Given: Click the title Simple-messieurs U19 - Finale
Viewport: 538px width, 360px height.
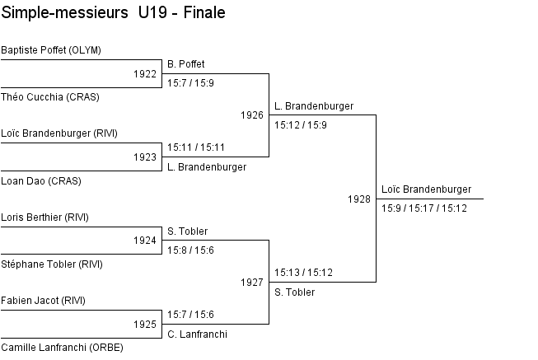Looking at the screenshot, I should point(114,13).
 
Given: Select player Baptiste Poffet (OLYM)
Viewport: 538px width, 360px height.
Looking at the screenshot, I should point(51,50).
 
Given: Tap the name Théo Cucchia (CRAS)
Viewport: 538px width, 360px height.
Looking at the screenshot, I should point(50,96).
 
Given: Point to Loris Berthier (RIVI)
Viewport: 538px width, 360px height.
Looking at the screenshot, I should point(44,217).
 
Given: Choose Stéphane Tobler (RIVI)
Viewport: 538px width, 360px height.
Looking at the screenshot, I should point(52,264).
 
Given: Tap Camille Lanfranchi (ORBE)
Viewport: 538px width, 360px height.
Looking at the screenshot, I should point(62,348).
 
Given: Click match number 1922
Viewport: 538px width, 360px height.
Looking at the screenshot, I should point(144,74).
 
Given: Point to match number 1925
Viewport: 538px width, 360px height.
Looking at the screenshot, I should point(144,325).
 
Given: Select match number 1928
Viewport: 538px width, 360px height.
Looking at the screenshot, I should point(358,199).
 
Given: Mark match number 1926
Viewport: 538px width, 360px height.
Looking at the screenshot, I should point(251,115).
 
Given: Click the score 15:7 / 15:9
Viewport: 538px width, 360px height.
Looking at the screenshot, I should point(190,83).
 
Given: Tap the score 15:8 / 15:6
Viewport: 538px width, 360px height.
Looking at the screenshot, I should point(190,250).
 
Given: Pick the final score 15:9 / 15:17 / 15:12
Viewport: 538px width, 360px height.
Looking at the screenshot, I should point(424,208).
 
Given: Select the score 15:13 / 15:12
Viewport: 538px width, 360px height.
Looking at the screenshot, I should point(303,272).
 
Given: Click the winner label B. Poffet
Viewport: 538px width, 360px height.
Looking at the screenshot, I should point(185,64).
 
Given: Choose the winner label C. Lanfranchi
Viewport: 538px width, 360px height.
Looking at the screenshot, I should point(197,334).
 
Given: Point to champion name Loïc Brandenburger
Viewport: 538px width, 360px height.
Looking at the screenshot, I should point(426,189).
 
